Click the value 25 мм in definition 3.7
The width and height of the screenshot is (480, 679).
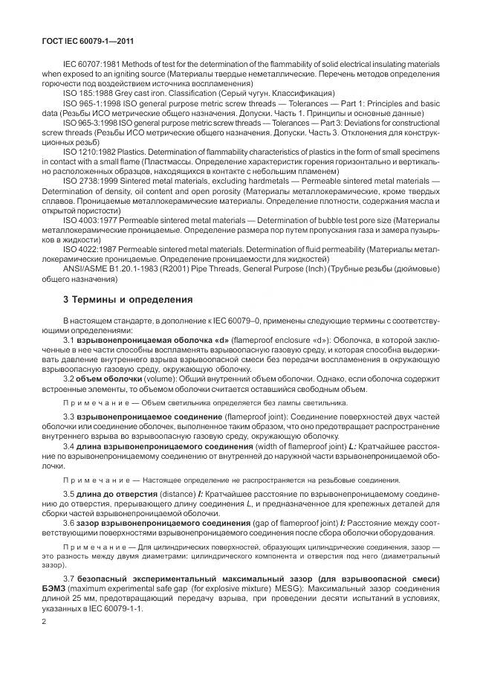pos(91,600)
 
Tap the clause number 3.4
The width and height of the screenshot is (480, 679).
pos(71,445)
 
